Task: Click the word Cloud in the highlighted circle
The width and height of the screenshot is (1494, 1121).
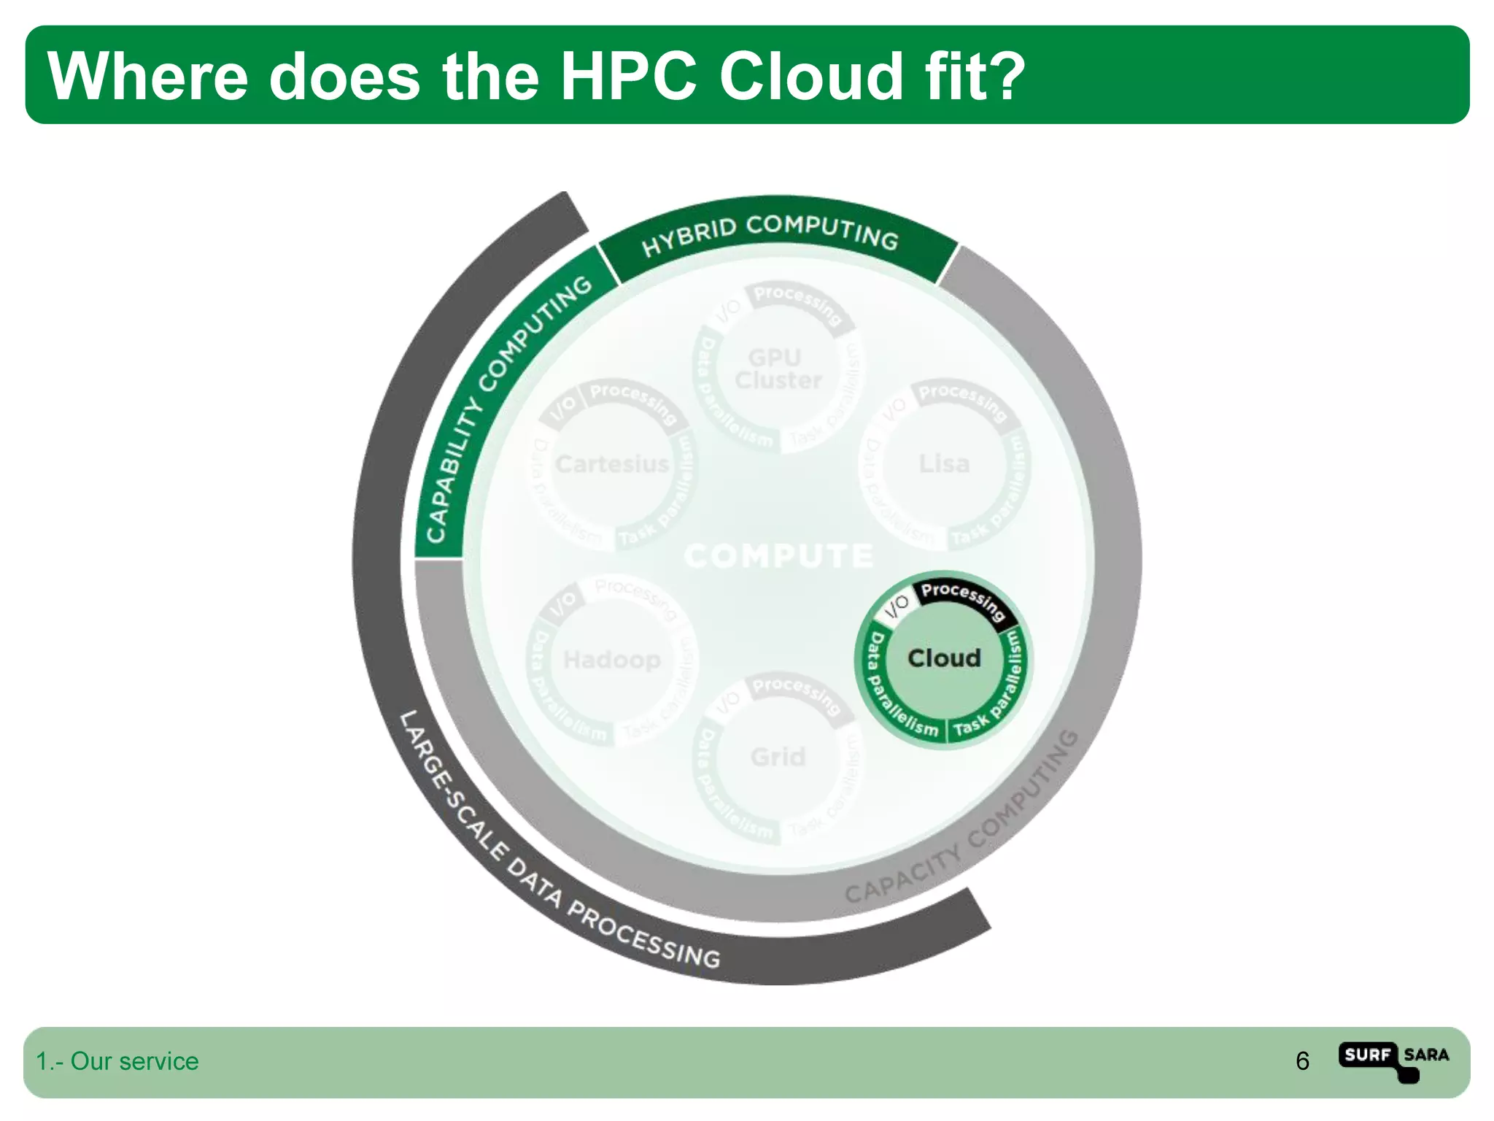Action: coord(944,658)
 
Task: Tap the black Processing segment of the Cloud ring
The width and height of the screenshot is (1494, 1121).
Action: coord(962,600)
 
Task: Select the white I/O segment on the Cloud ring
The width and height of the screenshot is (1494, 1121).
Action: coord(897,606)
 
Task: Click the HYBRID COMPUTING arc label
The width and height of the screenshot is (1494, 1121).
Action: coord(770,234)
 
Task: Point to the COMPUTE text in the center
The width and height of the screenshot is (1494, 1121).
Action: coord(778,556)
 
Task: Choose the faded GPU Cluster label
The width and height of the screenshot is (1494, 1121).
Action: coord(777,369)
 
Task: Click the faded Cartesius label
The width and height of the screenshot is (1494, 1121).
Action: coord(611,464)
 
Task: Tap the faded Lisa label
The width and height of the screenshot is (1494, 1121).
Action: coord(944,464)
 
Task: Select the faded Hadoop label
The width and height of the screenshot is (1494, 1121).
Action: coord(611,660)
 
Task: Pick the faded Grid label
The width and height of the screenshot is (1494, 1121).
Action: coord(778,757)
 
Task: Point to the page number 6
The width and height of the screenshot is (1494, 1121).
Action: coord(1302,1061)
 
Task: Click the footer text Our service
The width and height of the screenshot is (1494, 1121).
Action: coord(134,1061)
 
